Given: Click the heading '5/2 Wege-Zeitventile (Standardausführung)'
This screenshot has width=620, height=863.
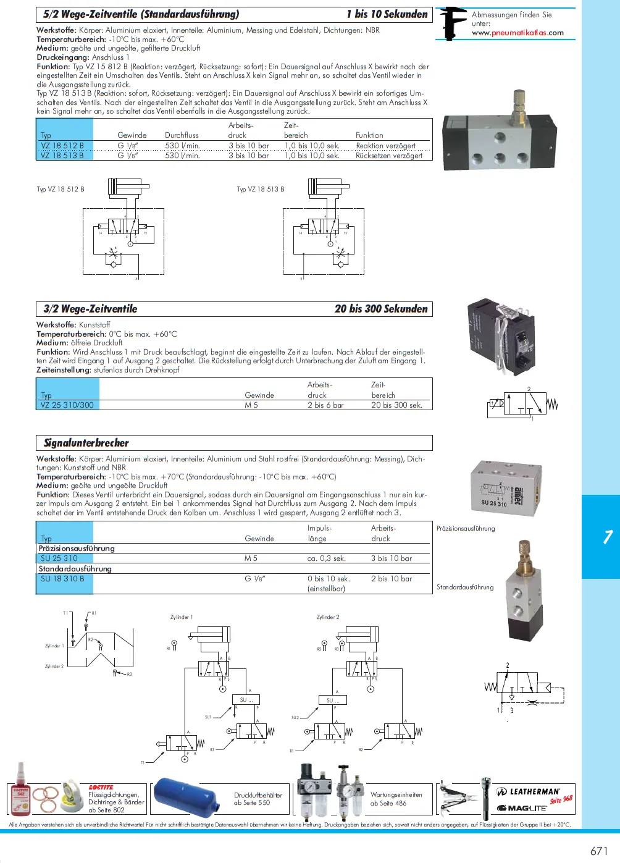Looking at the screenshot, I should click(141, 14).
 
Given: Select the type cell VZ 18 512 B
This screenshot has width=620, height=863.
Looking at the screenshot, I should click(62, 146).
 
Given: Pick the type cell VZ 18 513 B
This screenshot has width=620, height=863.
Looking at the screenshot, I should click(62, 156).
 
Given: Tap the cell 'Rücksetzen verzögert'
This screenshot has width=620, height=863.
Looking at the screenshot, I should click(389, 156).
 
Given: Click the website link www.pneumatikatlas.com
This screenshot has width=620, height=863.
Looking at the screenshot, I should click(517, 33).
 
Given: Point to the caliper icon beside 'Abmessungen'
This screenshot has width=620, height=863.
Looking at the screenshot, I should click(453, 23).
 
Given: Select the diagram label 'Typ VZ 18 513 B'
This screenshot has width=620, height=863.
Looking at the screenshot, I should click(261, 189).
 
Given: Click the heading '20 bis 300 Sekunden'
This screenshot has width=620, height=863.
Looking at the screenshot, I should click(381, 309).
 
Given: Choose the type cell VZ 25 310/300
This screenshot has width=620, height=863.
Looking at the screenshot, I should click(67, 405).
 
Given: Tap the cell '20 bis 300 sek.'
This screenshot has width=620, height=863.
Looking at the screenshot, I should click(396, 405).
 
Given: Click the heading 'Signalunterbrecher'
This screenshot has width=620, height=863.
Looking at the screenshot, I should click(86, 443).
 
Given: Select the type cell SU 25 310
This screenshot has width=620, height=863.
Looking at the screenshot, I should click(59, 558).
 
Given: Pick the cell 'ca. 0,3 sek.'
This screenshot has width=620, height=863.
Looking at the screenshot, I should click(327, 558).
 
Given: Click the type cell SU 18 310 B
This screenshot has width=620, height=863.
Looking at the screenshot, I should click(62, 579).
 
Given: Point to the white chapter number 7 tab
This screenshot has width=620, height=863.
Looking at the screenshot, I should click(608, 537).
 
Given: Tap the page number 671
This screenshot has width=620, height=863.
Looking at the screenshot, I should click(599, 851).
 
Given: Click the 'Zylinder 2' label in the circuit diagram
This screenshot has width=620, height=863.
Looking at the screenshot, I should click(328, 617).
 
